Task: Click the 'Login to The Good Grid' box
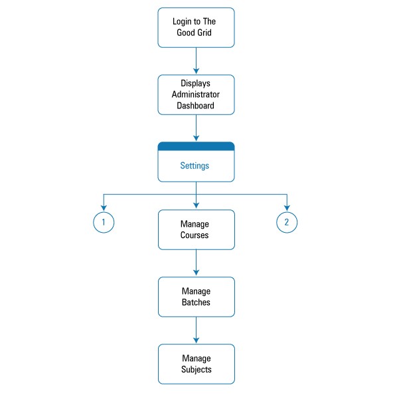(x=196, y=27)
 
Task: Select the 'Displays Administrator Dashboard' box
(x=196, y=94)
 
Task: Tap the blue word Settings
(x=195, y=166)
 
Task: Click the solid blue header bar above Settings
(x=196, y=146)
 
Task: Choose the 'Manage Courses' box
(x=197, y=229)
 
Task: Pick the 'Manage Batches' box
(x=197, y=297)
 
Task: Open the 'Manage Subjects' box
(x=197, y=364)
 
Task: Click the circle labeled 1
(x=104, y=222)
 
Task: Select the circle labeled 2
(x=287, y=222)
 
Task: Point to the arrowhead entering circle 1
(x=104, y=208)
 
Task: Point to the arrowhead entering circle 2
(x=287, y=208)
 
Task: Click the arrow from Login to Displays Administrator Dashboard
(x=196, y=61)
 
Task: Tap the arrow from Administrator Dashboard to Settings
(x=196, y=128)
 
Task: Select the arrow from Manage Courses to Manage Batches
(x=196, y=263)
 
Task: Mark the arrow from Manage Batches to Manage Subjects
(x=196, y=330)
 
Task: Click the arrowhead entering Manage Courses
(x=196, y=205)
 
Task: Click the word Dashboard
(x=195, y=106)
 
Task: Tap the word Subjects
(x=197, y=370)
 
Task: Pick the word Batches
(x=196, y=302)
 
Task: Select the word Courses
(x=195, y=235)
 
